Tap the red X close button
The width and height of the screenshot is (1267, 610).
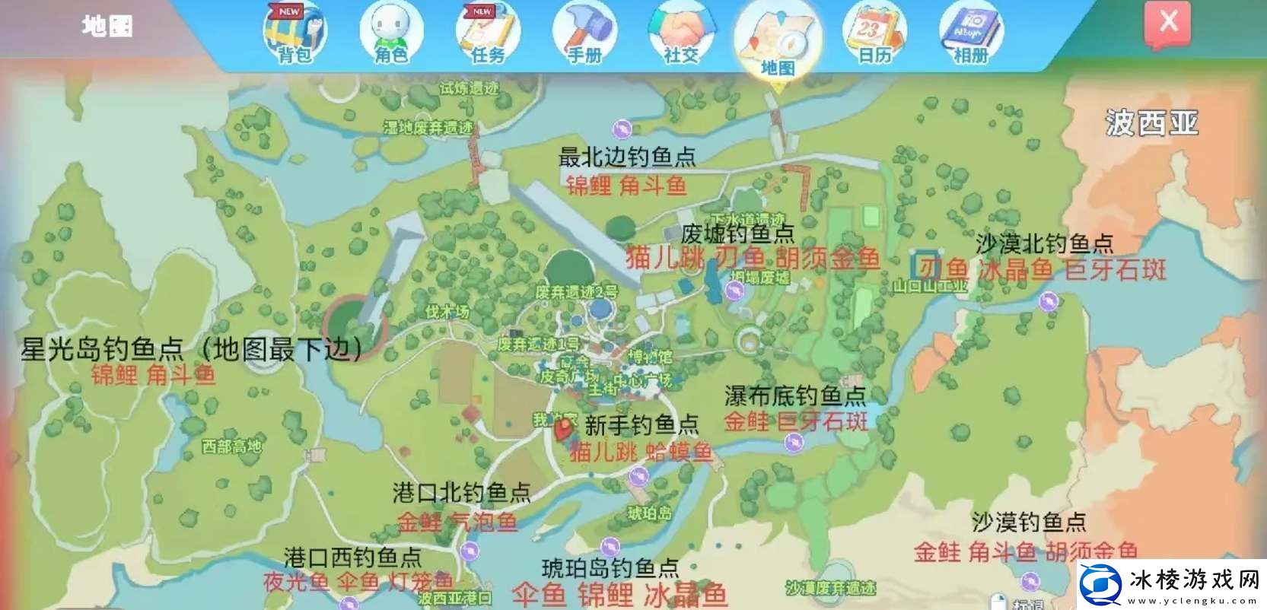[1168, 23]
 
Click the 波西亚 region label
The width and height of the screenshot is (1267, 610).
[1151, 122]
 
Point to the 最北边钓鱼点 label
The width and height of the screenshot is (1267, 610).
[627, 157]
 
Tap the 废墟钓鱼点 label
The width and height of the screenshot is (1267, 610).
[737, 233]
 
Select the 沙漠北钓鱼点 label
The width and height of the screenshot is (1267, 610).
[1044, 243]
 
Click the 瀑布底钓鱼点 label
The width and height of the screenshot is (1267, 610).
[795, 396]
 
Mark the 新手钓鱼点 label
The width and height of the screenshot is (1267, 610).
[641, 424]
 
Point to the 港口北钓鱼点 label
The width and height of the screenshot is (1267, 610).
[461, 493]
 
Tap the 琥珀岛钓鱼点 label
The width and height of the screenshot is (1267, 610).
[610, 567]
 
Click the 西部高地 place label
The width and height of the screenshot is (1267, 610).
[231, 446]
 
